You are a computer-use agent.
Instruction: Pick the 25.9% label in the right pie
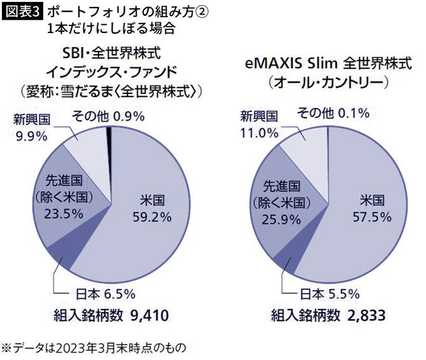pos(280,220)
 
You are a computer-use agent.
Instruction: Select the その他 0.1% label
pos(334,114)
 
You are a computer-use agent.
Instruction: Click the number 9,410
pos(148,316)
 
